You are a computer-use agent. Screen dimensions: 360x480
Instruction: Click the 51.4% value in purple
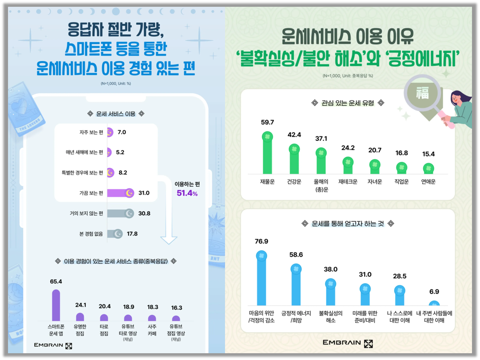coord(187,193)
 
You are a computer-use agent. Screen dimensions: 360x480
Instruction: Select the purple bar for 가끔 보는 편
coord(119,193)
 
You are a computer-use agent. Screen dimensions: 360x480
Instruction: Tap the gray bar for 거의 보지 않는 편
coord(119,213)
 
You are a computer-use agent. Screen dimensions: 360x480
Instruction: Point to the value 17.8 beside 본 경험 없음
coord(132,234)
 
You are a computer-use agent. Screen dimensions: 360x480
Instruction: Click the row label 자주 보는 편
coord(91,132)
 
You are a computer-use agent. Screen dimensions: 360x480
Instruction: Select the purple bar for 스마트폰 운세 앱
coord(56,306)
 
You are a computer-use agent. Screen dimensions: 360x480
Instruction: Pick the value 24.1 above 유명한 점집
coord(81,305)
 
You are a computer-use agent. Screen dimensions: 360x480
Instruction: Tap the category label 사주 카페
coord(152,330)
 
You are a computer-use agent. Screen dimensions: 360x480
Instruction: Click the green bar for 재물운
coord(267,156)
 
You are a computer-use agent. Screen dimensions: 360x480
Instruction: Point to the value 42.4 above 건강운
coord(294,135)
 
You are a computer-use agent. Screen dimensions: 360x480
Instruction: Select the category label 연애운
coord(428,182)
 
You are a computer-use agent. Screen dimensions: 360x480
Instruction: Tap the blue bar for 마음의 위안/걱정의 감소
coord(261,280)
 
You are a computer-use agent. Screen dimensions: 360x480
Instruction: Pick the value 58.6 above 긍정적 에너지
coord(296,255)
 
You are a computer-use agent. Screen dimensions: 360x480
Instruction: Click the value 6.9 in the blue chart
coord(434,292)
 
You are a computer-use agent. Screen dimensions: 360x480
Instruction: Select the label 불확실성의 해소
coord(331,317)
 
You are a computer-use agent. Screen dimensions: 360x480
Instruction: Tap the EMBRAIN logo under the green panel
coord(348,343)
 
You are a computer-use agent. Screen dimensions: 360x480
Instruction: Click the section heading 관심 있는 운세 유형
coord(348,103)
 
